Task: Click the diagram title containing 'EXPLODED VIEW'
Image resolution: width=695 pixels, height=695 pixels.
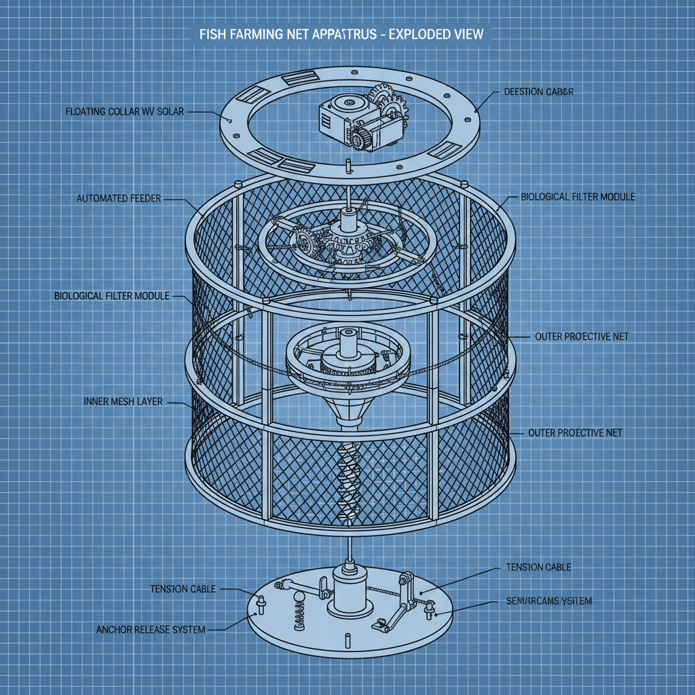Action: coord(342,33)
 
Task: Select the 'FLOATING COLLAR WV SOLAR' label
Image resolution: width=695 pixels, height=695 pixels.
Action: coord(124,111)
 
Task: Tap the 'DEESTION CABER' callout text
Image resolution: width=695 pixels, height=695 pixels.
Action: coord(539,92)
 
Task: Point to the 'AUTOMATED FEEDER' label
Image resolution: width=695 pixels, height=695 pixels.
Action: coord(119,200)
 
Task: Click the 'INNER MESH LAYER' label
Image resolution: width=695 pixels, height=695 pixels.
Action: coord(123,402)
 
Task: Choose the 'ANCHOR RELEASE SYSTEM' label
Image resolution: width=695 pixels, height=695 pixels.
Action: coord(151,630)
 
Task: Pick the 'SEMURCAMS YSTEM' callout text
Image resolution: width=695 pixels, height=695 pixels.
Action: coord(549,601)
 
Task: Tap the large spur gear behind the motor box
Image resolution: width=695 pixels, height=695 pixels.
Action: coord(384,102)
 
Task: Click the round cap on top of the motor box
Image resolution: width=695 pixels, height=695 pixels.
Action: coord(352,103)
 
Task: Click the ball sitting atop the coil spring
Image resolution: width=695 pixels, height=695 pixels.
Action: coord(299,598)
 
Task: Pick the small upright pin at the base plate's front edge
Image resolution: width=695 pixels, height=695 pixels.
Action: coord(346,640)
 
